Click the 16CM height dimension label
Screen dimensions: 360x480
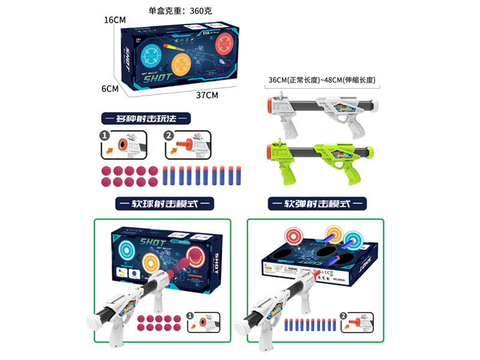click(x=114, y=20)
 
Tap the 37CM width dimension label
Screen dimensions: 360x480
click(x=207, y=95)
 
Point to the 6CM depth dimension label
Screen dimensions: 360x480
click(x=109, y=88)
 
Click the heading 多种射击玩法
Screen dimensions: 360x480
click(x=145, y=118)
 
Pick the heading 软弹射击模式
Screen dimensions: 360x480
click(x=317, y=204)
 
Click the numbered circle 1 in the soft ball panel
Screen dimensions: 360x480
click(x=190, y=315)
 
